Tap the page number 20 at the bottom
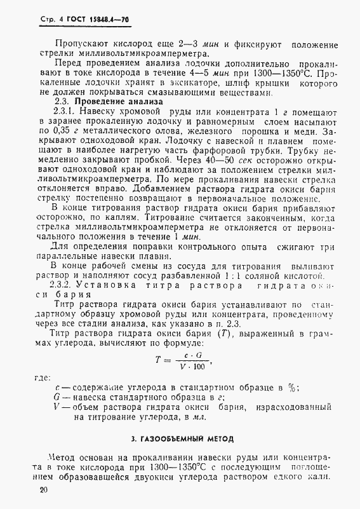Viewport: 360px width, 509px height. click(x=43, y=490)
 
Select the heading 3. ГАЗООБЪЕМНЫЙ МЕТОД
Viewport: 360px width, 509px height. click(x=182, y=438)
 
